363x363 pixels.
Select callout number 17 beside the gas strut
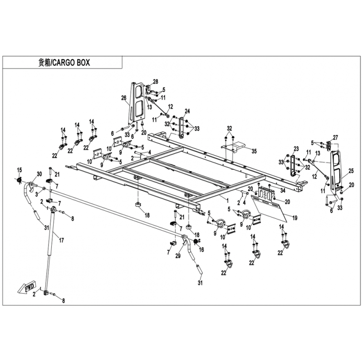click(61, 240)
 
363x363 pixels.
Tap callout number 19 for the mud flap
click(294, 218)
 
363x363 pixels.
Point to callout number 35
click(254, 152)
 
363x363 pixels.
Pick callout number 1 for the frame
click(227, 200)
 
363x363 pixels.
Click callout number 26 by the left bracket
click(124, 98)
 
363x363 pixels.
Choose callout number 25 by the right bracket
click(351, 171)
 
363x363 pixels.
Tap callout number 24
click(187, 111)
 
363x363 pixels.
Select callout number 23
click(296, 149)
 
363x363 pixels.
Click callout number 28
click(156, 82)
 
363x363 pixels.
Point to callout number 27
click(335, 137)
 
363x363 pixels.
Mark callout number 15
click(20, 170)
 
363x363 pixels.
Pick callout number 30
click(39, 174)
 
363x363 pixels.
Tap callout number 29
click(178, 256)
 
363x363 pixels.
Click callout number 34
click(283, 190)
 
